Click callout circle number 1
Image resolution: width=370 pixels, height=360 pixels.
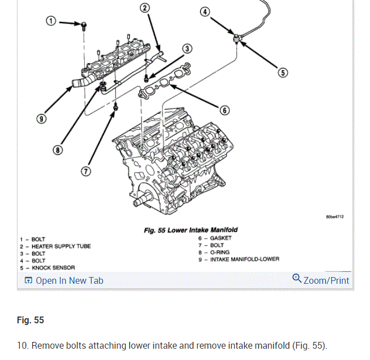pyautogui.click(x=51, y=21)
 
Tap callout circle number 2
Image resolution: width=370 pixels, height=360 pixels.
pyautogui.click(x=144, y=7)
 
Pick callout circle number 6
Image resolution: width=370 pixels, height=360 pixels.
pyautogui.click(x=224, y=110)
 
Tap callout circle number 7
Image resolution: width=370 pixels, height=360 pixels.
pyautogui.click(x=85, y=172)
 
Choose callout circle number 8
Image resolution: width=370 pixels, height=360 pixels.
pyautogui.click(x=58, y=150)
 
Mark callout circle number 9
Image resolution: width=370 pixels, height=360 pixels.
pyautogui.click(x=41, y=119)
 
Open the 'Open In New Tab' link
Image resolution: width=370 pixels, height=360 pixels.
pyautogui.click(x=64, y=280)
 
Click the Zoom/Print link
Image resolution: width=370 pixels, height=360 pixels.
pyautogui.click(x=321, y=280)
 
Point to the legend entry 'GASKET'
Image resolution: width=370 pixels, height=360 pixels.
pyautogui.click(x=221, y=238)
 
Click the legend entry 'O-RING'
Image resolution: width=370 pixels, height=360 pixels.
pyautogui.click(x=222, y=252)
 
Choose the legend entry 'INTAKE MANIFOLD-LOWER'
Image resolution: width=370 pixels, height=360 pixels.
pyautogui.click(x=244, y=260)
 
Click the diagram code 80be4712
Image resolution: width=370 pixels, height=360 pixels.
pyautogui.click(x=334, y=217)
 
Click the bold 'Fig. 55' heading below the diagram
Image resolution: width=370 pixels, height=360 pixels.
pyautogui.click(x=30, y=321)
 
